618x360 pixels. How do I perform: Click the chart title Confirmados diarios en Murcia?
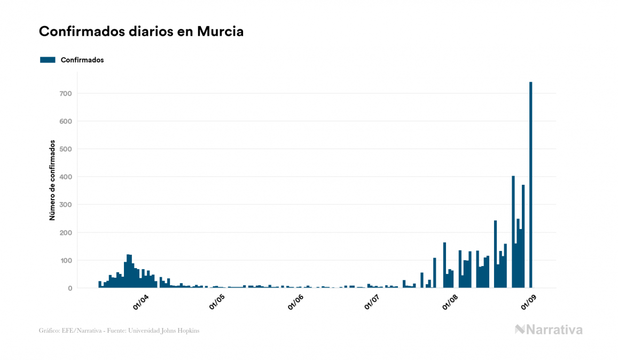141,32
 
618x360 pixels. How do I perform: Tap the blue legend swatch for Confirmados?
48,60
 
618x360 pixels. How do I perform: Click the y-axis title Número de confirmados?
52,181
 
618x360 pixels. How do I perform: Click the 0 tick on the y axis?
69,288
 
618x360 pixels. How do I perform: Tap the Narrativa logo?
549,330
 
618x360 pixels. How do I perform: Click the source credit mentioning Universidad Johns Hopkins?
119,331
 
